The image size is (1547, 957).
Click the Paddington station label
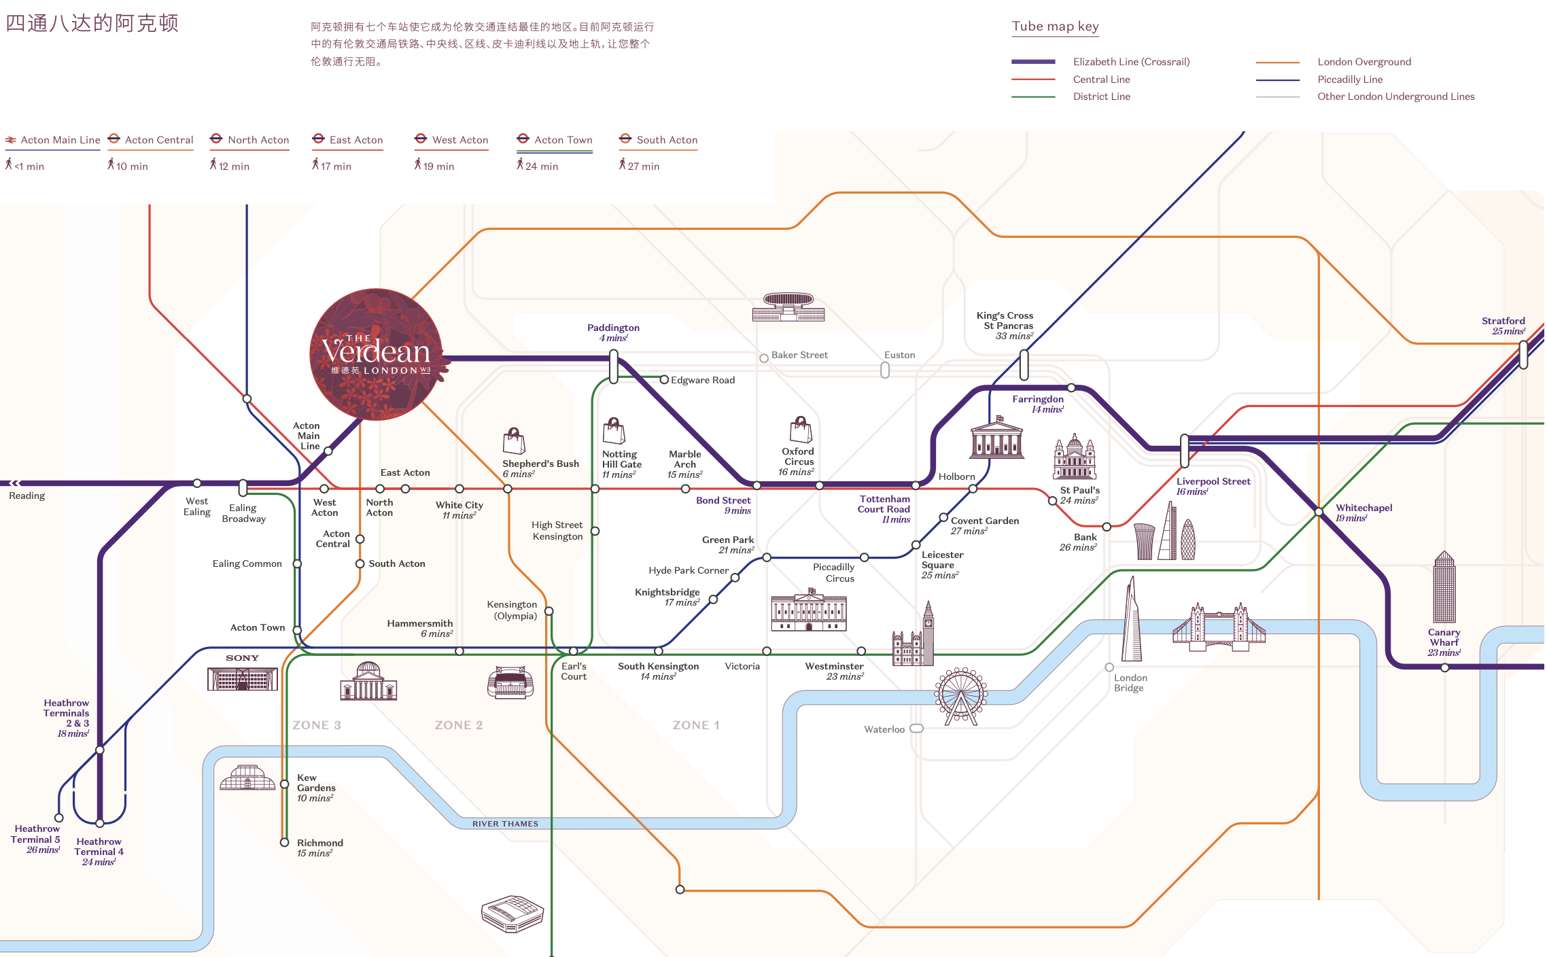[613, 328]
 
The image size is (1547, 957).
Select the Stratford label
[1503, 321]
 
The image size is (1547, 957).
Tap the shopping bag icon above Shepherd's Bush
[514, 441]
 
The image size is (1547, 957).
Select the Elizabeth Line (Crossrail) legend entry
[1131, 62]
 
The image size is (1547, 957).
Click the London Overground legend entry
[1363, 62]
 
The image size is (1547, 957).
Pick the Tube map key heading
[1055, 27]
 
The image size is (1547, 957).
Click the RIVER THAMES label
[505, 824]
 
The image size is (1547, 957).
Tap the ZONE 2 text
[459, 725]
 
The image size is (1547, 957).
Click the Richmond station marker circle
[285, 842]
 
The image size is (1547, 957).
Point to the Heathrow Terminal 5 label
[37, 834]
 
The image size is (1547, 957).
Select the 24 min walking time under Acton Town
[541, 166]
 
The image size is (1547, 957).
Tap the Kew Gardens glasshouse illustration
[247, 778]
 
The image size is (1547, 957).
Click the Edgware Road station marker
[664, 380]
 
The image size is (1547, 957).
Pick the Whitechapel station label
[1363, 508]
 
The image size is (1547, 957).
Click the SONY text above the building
[242, 658]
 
